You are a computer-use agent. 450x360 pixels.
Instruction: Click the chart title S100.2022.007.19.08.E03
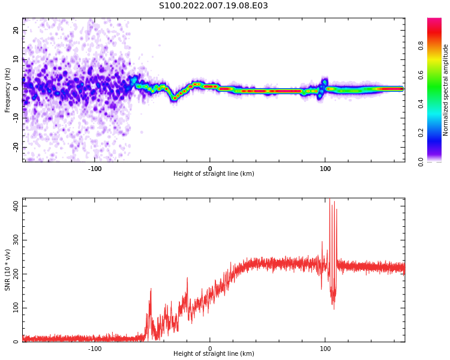(x=213, y=6)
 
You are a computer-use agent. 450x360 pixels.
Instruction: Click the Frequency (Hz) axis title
(x=8, y=90)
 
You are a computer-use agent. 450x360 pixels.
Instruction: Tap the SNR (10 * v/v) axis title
(x=8, y=270)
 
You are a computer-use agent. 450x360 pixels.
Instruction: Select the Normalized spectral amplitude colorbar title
(x=446, y=90)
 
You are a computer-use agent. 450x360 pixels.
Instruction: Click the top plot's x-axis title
(x=214, y=174)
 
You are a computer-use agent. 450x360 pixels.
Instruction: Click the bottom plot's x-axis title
(x=214, y=354)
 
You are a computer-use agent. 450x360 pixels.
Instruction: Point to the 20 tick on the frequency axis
(x=16, y=30)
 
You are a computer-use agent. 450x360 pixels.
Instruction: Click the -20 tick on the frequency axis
(x=14, y=146)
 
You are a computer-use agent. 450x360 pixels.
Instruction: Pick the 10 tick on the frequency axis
(x=16, y=59)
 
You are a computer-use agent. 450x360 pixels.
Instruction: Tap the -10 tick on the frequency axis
(x=14, y=118)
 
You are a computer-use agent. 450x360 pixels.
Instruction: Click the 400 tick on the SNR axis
(x=13, y=206)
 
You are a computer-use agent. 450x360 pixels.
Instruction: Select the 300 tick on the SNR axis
(x=13, y=240)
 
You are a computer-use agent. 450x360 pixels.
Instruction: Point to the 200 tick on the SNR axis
(x=13, y=274)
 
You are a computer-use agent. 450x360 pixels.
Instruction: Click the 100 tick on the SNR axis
(x=13, y=308)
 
